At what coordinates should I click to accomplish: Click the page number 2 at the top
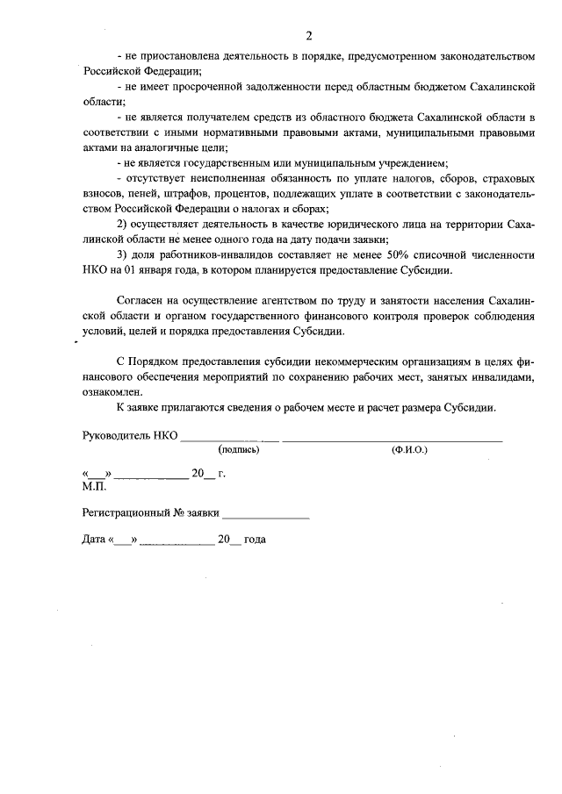(309, 36)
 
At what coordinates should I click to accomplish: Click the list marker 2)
(121, 225)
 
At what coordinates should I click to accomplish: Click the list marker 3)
(121, 255)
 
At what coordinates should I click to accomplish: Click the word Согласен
(140, 301)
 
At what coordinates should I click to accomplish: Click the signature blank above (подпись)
(229, 437)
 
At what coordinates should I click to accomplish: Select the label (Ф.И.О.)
(408, 449)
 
